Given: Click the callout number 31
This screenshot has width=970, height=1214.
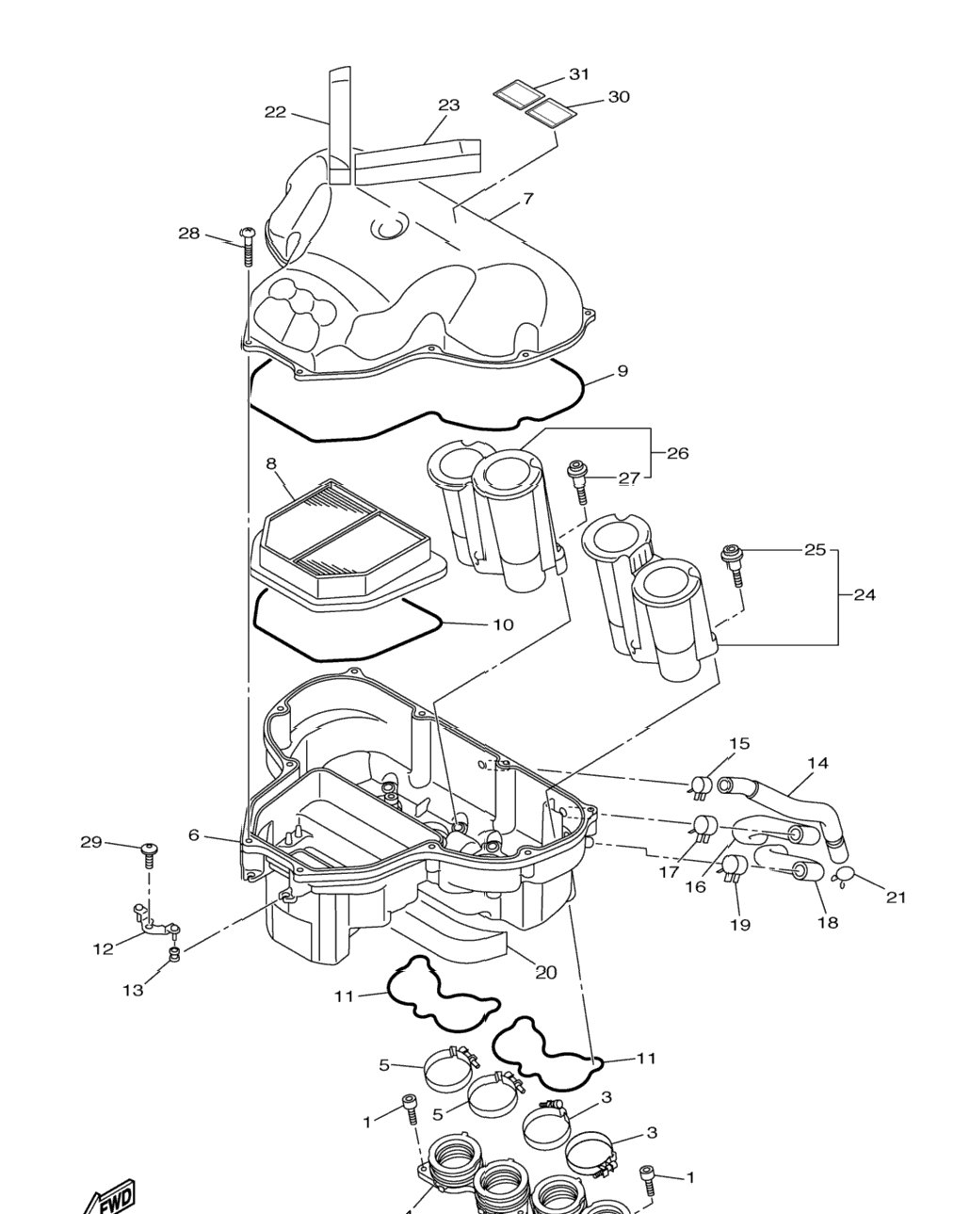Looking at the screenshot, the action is click(x=578, y=73).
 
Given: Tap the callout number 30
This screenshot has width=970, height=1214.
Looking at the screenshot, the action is click(x=619, y=97).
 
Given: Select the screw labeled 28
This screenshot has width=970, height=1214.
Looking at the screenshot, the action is click(x=247, y=247).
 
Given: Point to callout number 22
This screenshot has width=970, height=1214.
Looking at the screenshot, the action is click(x=275, y=112).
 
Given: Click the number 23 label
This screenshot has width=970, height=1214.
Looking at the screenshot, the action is click(x=448, y=105).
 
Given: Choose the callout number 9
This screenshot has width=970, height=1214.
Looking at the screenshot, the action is click(x=622, y=371).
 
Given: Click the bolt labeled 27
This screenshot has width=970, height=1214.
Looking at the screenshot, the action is click(x=579, y=480).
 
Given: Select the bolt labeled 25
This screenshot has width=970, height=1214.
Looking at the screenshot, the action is click(x=732, y=566).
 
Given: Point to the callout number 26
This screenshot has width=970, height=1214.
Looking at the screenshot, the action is click(x=678, y=453).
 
